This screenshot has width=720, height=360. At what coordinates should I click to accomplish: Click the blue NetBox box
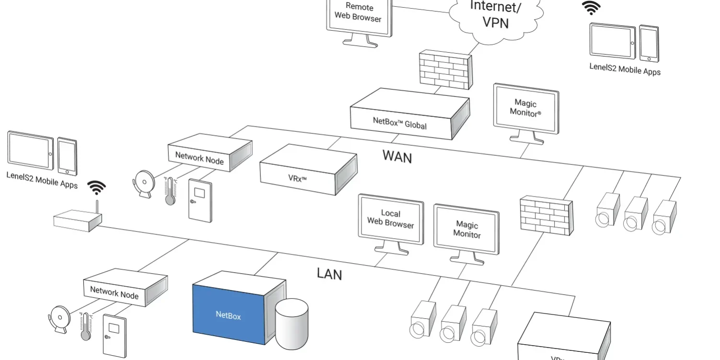pos(229,314)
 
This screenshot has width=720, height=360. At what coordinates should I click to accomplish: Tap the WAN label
pos(397,156)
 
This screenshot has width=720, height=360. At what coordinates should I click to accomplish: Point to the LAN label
pos(329,274)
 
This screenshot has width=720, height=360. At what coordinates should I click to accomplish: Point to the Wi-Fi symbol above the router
pos(97,187)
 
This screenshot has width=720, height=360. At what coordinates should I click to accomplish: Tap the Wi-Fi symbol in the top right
pos(591,7)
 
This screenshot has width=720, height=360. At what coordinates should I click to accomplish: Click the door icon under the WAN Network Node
pos(199,200)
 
